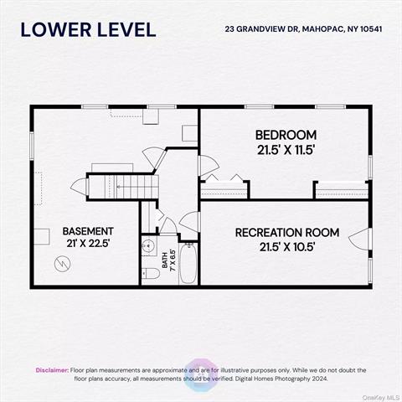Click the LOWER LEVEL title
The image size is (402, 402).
tap(88, 30)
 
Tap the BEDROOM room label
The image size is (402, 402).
tap(286, 135)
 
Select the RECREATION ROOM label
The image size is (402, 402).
tap(287, 233)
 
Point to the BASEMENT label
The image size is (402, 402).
tap(88, 231)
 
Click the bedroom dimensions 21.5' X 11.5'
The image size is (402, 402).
tap(286, 151)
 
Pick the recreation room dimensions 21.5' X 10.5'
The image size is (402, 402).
tap(287, 247)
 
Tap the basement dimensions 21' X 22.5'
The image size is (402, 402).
tap(88, 244)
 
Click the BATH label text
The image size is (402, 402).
tap(165, 260)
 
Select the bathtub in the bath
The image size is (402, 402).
tap(188, 264)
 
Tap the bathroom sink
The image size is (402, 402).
tap(148, 246)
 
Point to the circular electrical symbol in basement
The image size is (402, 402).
tap(63, 264)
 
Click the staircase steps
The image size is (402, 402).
tap(131, 187)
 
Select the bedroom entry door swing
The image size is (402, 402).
tap(209, 166)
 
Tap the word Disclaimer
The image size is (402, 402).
tap(52, 370)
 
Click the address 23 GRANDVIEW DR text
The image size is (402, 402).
tap(262, 29)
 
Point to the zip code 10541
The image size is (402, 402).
tap(371, 29)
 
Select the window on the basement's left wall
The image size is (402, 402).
tap(32, 146)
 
